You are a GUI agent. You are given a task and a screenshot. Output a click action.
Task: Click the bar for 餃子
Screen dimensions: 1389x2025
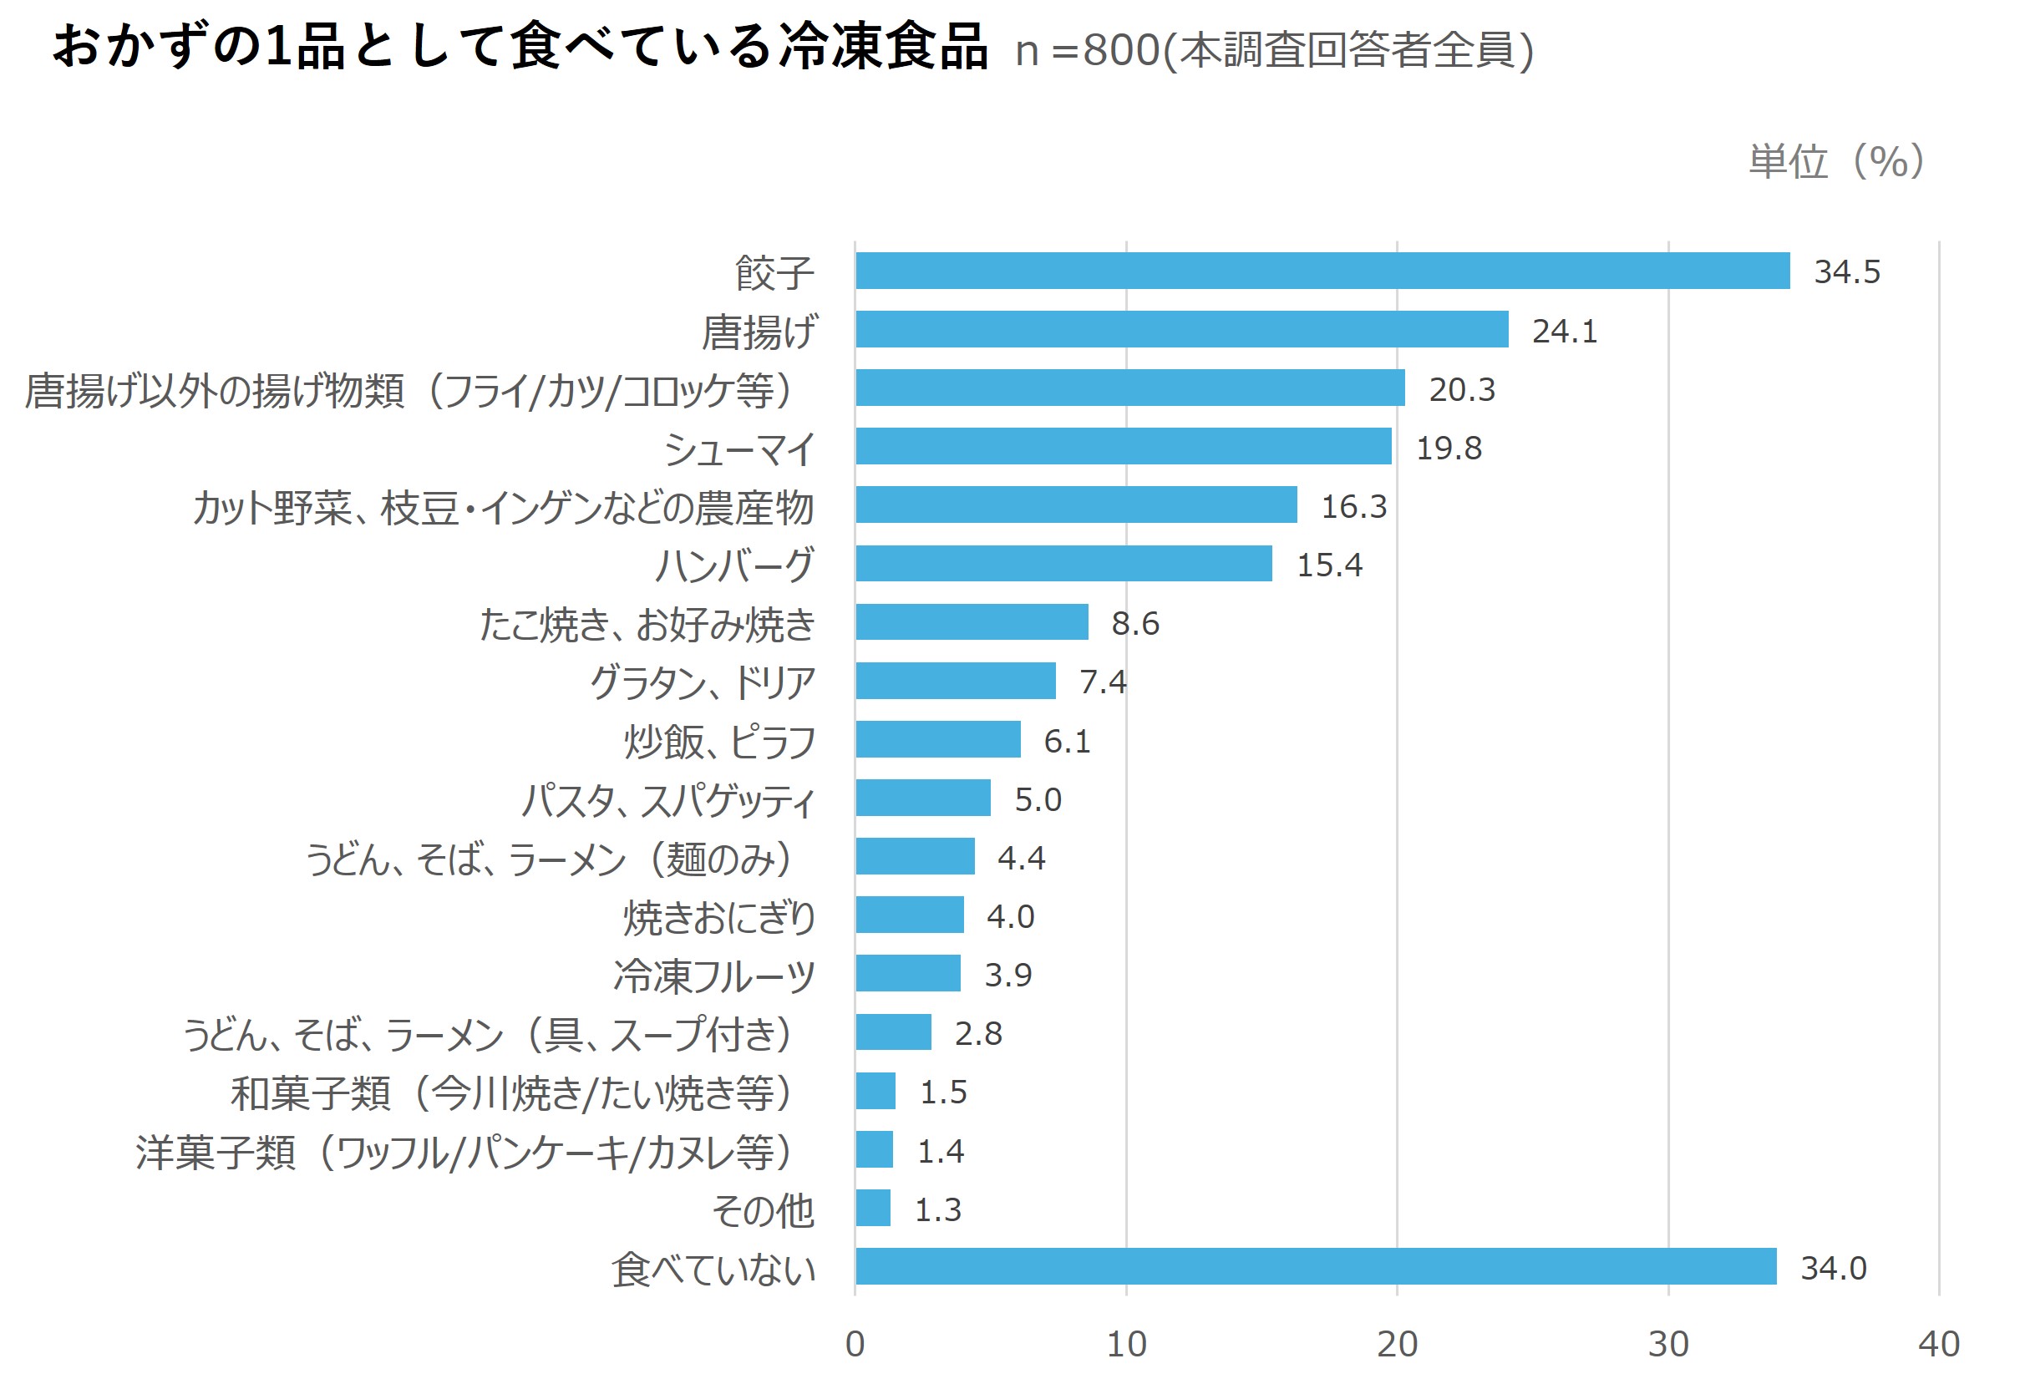(x=1322, y=271)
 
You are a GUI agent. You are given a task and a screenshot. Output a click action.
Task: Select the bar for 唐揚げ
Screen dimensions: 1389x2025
(x=1181, y=329)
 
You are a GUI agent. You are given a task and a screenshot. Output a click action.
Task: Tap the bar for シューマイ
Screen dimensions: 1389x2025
(x=1123, y=446)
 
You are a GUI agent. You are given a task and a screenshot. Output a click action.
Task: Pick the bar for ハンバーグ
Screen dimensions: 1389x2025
(x=1063, y=564)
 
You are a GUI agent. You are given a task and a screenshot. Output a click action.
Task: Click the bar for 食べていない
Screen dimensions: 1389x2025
(x=1316, y=1266)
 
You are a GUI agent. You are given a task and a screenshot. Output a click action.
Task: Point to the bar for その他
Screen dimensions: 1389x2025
(x=873, y=1208)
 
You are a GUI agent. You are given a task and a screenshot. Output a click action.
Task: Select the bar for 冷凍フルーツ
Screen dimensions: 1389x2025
(x=908, y=973)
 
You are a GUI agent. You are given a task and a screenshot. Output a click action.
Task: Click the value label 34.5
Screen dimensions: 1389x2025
(x=1846, y=272)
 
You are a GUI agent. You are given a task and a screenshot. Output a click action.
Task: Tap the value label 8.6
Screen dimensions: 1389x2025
(x=1134, y=623)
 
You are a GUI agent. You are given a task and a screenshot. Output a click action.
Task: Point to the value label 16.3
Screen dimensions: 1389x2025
(x=1353, y=506)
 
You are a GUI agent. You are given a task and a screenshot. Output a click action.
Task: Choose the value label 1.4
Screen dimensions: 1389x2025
(x=940, y=1151)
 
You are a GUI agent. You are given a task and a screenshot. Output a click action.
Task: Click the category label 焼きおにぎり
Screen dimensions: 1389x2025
(x=718, y=918)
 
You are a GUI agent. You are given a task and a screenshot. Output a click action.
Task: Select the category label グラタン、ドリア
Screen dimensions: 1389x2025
(x=703, y=682)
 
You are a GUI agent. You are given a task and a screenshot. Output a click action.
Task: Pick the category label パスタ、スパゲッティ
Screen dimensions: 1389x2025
(x=668, y=800)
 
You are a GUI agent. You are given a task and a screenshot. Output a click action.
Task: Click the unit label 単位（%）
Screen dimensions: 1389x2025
(x=1837, y=161)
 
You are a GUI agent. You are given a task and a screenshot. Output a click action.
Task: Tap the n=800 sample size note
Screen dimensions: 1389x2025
(x=1273, y=51)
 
